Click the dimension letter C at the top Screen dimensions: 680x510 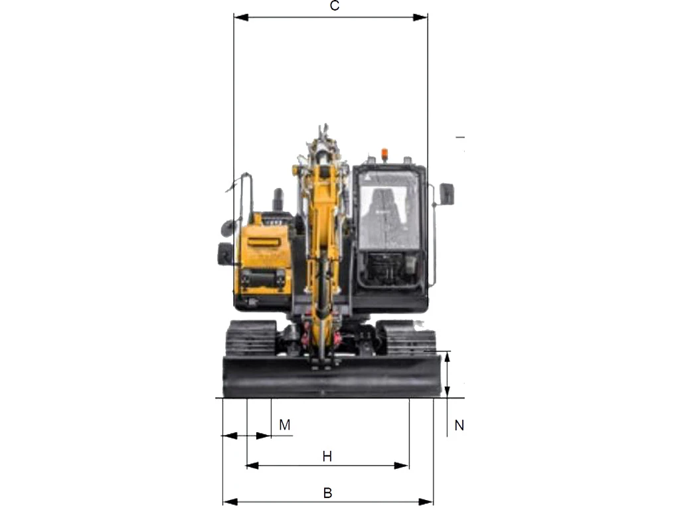pos(335,6)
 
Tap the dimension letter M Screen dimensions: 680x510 pos(284,424)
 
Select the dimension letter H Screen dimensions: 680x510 pos(327,456)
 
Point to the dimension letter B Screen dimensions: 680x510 pos(328,493)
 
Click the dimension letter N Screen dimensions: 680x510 pos(460,426)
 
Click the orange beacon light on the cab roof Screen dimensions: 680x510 pos(384,154)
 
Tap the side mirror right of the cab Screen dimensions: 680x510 pos(447,194)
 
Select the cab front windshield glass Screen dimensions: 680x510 pos(389,211)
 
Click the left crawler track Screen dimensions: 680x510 pos(250,338)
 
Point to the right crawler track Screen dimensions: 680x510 pos(406,338)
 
